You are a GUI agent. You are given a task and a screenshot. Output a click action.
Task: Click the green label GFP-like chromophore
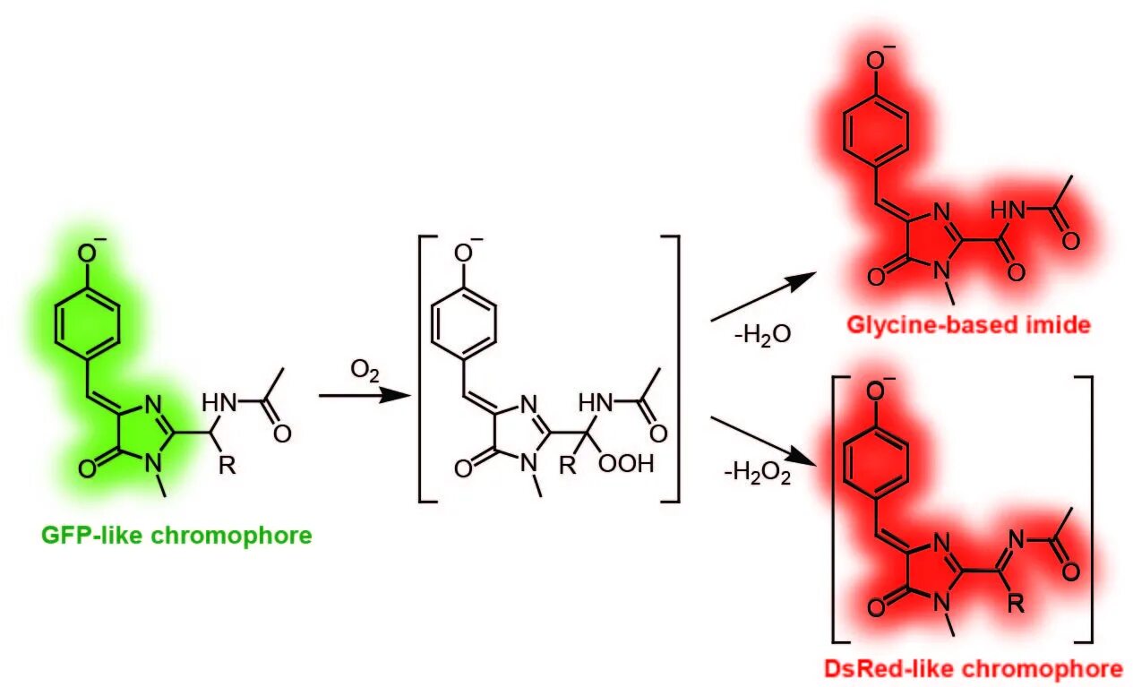[176, 536]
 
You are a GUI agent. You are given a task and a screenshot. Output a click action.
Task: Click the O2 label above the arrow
[363, 369]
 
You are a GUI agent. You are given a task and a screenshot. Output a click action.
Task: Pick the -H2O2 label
[757, 472]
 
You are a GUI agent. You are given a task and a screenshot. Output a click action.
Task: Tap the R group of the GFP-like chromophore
[229, 466]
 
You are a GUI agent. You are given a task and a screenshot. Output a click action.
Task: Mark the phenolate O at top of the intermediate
[463, 253]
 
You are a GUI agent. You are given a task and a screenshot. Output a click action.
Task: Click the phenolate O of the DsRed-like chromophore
[873, 391]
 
